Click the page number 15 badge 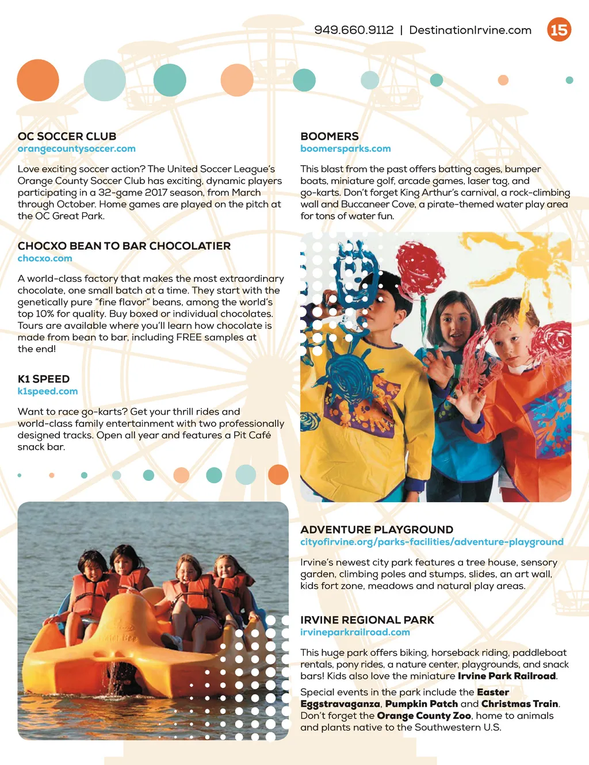coord(559,30)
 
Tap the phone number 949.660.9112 coord(354,30)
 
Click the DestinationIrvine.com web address coord(470,30)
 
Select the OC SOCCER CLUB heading coord(67,136)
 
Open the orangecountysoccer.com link coord(77,148)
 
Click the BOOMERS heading coord(329,136)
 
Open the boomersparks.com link coord(345,148)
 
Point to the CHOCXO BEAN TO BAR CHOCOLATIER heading coord(124,246)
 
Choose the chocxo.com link coord(45,258)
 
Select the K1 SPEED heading coord(44,379)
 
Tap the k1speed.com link coord(48,391)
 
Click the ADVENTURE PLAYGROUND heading coord(377,530)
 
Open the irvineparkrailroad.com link coord(355,632)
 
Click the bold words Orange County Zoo coord(424,716)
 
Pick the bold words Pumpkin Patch coord(421,703)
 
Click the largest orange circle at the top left coord(38,80)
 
